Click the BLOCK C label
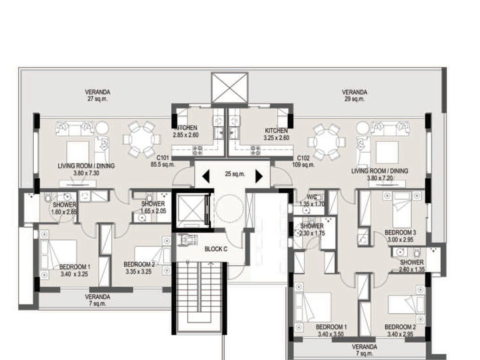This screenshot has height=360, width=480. pos(216,249)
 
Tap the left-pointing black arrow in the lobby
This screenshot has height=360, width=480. pos(206,176)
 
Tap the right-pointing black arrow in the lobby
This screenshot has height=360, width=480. pos(259,176)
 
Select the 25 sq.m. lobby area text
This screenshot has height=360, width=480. pos(235,174)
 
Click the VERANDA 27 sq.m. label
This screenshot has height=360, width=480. pos(98,95)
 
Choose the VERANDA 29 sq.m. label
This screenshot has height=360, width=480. pos(354,95)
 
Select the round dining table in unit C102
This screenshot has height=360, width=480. pos(327,142)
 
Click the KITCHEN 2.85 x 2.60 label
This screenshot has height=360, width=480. pos(186,131)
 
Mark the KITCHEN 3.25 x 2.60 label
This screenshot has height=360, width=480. pos(276,134)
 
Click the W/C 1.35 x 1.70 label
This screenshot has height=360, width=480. pos(312,201)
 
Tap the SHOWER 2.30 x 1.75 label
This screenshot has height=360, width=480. pos(312,229)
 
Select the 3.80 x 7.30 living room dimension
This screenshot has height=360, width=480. pos(86,173)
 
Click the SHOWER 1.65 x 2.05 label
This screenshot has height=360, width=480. pos(153,207)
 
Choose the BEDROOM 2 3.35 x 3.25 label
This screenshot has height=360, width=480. pos(139,268)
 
